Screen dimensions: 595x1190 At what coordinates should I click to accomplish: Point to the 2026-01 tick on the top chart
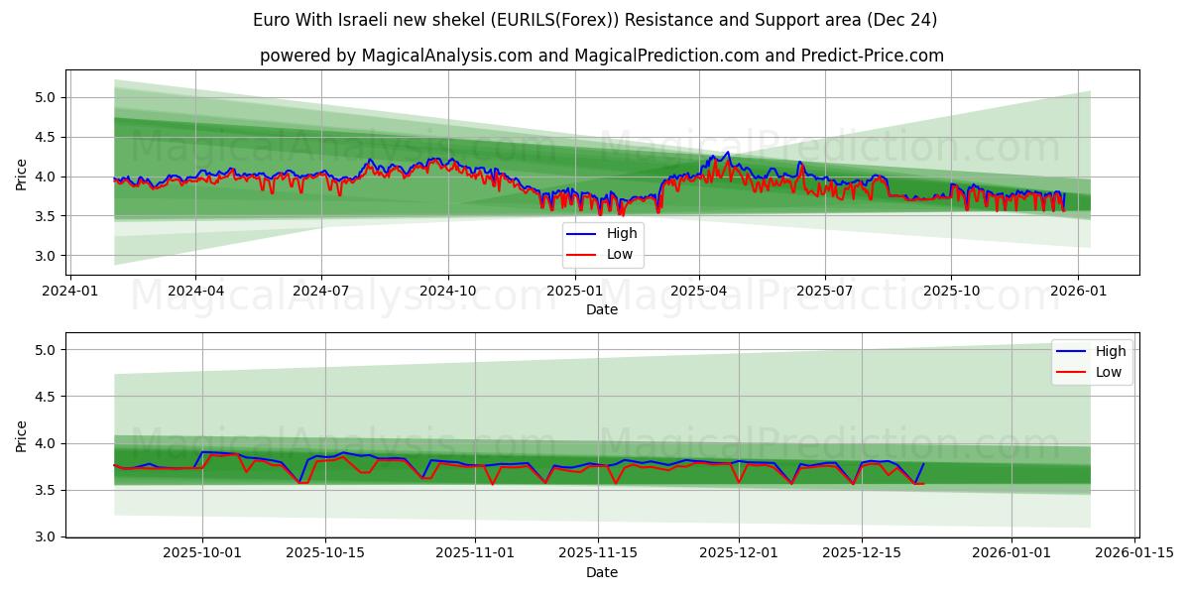tap(1077, 292)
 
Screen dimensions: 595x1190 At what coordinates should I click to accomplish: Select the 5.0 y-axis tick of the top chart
tap(46, 97)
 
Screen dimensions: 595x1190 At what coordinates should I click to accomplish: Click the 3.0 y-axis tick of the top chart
tap(46, 256)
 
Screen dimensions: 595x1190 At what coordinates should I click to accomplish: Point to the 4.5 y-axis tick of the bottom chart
tap(46, 397)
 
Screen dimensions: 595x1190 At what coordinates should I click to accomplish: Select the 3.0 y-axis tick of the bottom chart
tap(46, 536)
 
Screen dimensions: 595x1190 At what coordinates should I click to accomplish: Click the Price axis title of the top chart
tap(22, 174)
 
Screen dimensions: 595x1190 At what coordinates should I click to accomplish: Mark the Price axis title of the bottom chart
tap(22, 435)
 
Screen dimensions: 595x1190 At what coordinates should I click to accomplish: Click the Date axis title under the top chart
tap(602, 309)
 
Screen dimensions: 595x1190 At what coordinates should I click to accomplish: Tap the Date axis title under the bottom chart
tap(602, 572)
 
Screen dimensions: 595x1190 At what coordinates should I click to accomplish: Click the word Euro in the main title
tap(273, 20)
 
